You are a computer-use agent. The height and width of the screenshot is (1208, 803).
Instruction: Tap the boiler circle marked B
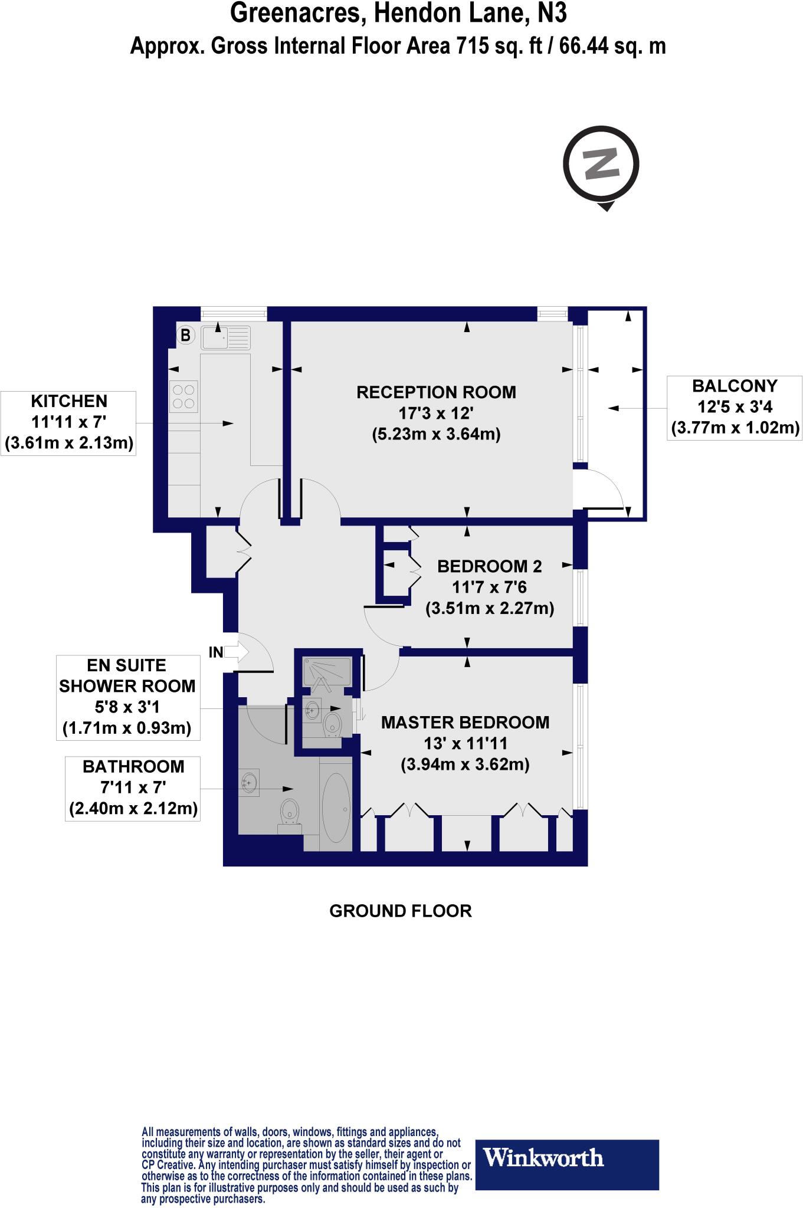click(185, 336)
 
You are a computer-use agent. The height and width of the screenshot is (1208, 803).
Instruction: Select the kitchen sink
click(225, 337)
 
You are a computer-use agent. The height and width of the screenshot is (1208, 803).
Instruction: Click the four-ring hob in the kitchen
click(183, 396)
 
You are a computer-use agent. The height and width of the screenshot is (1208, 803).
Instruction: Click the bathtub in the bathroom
click(336, 806)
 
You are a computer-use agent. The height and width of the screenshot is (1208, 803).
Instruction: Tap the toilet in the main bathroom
click(290, 813)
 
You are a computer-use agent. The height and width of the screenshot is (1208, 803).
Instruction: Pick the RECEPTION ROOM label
click(436, 392)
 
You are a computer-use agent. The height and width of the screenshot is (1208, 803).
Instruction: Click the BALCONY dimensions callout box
click(735, 407)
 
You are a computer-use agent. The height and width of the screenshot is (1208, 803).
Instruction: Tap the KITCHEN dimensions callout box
click(69, 422)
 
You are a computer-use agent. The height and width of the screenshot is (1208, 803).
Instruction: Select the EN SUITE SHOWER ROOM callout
click(127, 697)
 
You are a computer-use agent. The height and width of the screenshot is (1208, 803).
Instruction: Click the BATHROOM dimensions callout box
click(133, 787)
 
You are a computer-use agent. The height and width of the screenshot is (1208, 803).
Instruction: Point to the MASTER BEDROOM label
click(465, 723)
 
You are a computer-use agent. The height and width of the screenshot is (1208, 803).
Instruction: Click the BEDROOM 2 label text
click(489, 567)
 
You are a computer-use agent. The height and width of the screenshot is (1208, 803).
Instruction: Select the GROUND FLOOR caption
click(401, 911)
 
